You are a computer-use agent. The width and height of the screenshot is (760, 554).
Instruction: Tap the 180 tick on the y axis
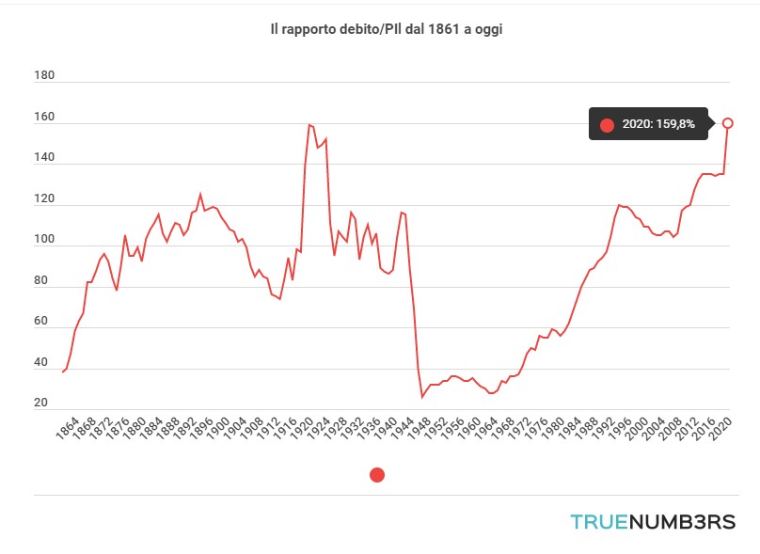tap(43, 75)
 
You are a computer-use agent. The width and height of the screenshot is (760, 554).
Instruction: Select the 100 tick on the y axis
tap(43, 240)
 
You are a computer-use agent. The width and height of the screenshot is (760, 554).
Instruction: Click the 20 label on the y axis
tap(41, 404)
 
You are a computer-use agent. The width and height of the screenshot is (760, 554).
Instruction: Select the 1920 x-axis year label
tap(303, 432)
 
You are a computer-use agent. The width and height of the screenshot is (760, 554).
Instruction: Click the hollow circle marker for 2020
tap(727, 122)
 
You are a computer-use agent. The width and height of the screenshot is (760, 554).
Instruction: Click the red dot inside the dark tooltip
tap(607, 125)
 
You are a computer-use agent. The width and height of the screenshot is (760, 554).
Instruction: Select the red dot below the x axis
tap(377, 475)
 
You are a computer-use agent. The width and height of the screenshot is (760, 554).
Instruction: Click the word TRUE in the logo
tap(597, 522)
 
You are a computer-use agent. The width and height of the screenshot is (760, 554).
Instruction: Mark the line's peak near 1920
tap(309, 124)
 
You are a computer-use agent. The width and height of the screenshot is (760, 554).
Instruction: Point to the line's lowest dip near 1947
tap(421, 398)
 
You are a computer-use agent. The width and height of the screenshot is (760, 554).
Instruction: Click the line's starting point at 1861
tap(62, 372)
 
